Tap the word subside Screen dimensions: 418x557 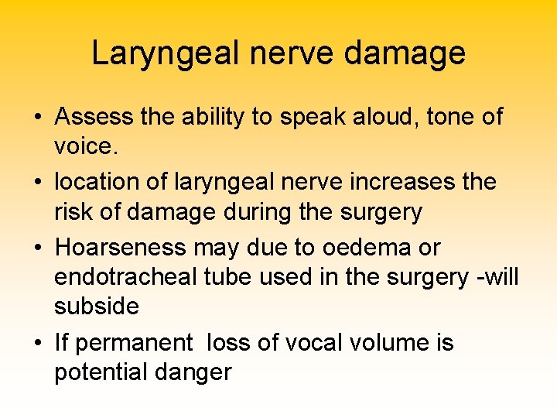pyautogui.click(x=97, y=307)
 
